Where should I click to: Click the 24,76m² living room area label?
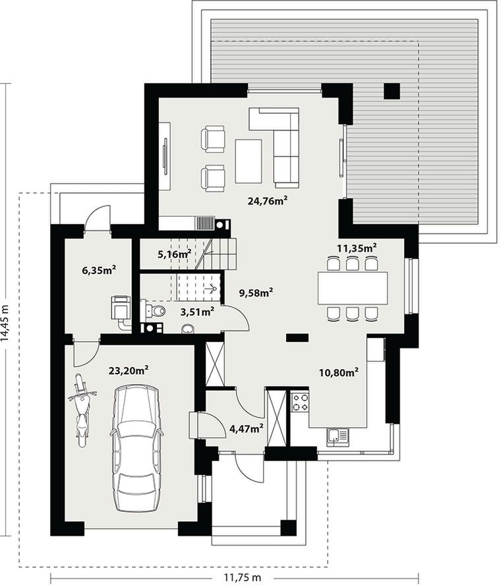coord(268,201)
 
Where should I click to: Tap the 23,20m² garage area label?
coord(129,370)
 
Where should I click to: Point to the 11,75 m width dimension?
coord(243,578)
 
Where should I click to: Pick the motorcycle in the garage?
coord(82,410)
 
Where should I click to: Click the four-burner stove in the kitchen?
coord(300,401)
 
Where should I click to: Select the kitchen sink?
coord(337,437)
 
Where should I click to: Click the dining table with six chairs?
coord(353,288)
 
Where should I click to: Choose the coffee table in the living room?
coord(249,161)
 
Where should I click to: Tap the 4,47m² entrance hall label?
coord(247,428)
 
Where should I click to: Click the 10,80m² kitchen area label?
coord(339,372)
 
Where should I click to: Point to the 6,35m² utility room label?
coord(99,270)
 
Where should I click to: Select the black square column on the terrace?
coord(392,91)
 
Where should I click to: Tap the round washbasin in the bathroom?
coord(188,329)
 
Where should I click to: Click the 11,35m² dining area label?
coord(357,248)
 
